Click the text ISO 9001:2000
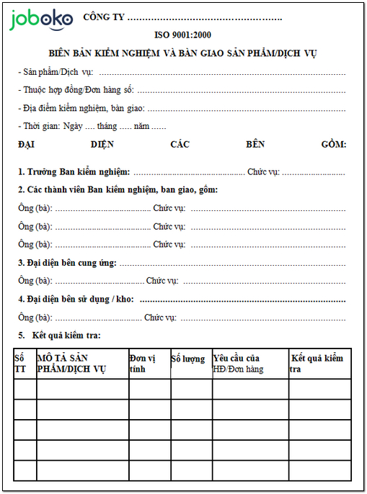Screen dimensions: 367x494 [x=183, y=35]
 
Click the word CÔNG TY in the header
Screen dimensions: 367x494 [x=104, y=16]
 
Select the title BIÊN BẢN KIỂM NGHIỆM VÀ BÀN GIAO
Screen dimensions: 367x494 [x=183, y=53]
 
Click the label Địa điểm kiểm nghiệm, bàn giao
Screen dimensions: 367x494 [x=81, y=108]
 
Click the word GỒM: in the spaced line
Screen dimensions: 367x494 [x=333, y=144]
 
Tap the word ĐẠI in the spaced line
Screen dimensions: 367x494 [x=27, y=144]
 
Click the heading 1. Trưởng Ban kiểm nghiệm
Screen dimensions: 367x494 [x=74, y=172]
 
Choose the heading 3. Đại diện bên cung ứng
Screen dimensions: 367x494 [x=67, y=263]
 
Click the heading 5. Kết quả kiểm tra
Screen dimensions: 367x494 [x=61, y=336]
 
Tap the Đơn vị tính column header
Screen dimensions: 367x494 [x=143, y=364]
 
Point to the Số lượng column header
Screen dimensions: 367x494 [x=187, y=359]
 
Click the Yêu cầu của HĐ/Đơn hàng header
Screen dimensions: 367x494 [x=239, y=364]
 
